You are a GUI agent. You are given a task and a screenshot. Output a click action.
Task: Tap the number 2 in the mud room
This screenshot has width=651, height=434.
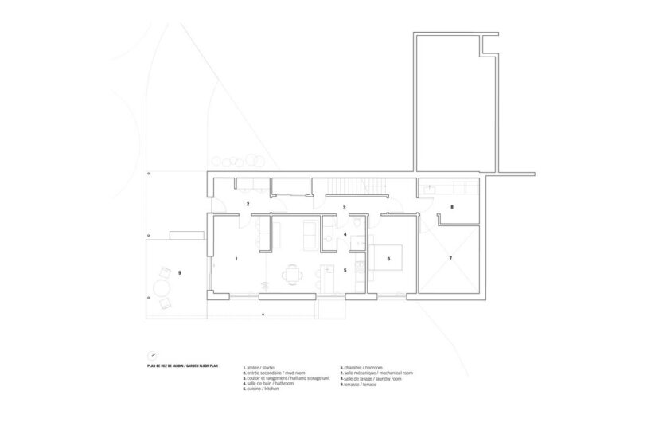[x=248, y=205]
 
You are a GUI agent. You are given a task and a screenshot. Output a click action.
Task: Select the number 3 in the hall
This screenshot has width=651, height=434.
[x=344, y=208]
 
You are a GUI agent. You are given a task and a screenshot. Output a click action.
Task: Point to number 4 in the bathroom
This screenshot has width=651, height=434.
[x=345, y=234]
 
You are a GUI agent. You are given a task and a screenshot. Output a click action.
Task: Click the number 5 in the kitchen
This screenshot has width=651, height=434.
[x=345, y=271]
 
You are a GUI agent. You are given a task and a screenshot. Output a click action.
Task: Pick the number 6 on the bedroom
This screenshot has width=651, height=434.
[x=388, y=260]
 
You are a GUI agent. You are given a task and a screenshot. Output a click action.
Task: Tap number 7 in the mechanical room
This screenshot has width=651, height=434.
[x=450, y=258]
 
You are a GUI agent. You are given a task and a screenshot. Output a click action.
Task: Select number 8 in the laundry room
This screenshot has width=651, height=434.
[x=451, y=208]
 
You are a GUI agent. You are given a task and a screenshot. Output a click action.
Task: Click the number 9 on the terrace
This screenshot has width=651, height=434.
[x=180, y=273]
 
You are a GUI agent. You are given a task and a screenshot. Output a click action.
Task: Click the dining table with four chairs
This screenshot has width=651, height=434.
[x=292, y=275]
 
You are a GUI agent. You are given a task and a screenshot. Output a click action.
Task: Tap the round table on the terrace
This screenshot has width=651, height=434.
[x=162, y=287]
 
